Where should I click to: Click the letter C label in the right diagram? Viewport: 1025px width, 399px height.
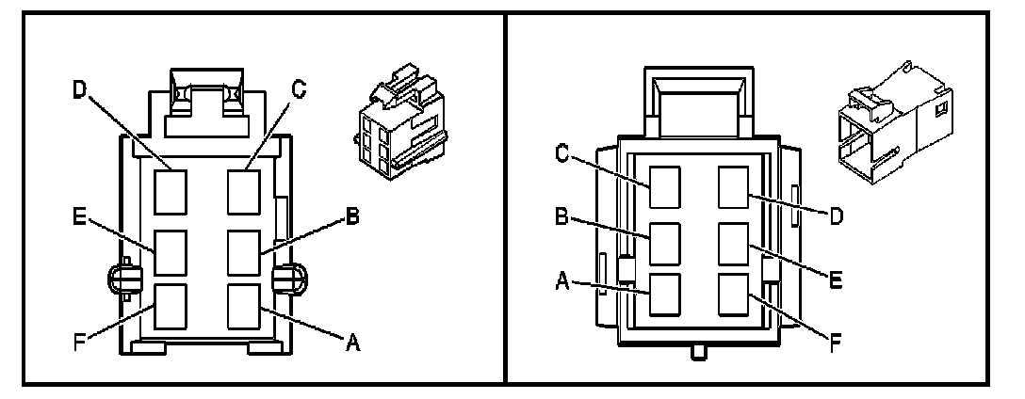pyautogui.click(x=562, y=153)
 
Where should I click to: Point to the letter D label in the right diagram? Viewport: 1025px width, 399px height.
pyautogui.click(x=834, y=215)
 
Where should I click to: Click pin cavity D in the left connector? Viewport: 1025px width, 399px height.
pyautogui.click(x=171, y=187)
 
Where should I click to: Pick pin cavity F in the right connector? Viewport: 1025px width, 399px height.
pyautogui.click(x=734, y=294)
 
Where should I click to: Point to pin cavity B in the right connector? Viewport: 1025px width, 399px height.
pyautogui.click(x=666, y=242)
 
